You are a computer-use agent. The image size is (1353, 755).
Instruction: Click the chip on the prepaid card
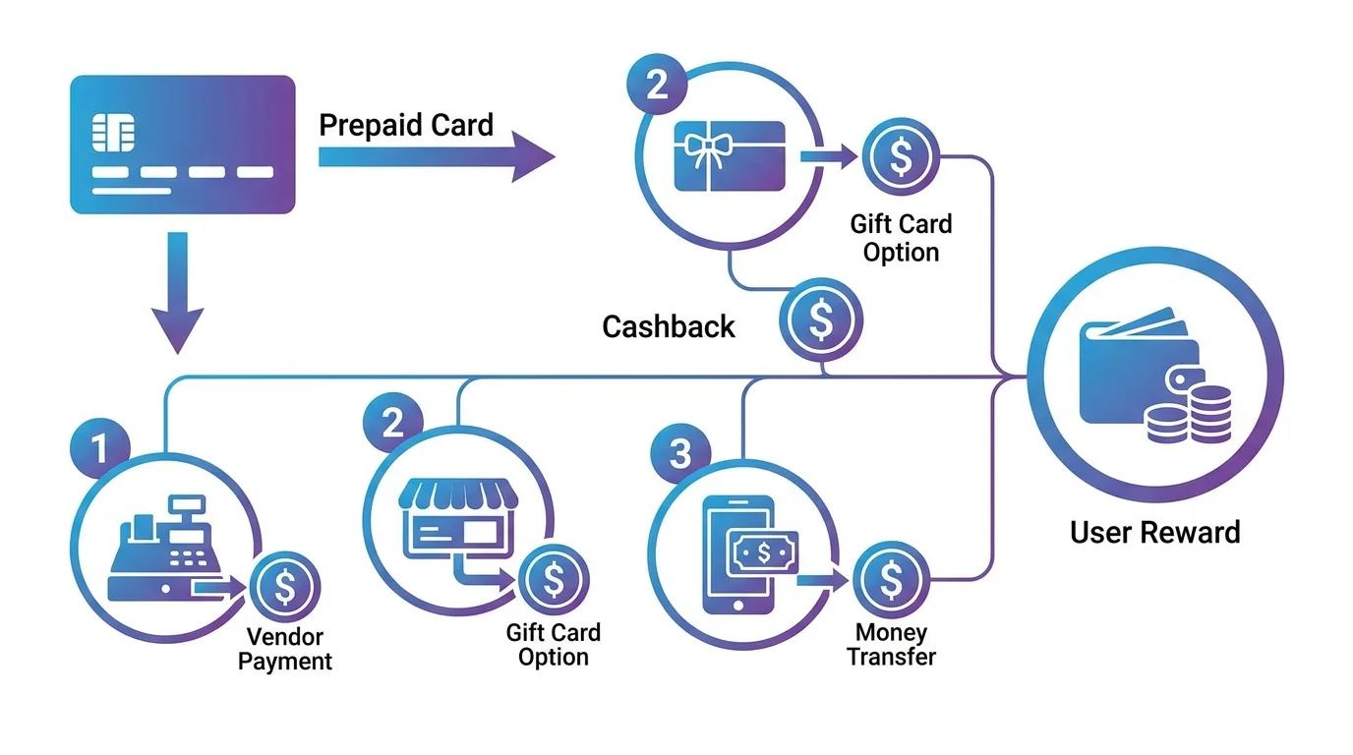click(x=113, y=133)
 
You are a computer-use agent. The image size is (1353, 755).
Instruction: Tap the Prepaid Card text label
click(x=406, y=125)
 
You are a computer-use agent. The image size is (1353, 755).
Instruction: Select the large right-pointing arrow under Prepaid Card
click(x=437, y=156)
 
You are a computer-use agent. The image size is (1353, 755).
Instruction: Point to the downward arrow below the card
click(x=178, y=293)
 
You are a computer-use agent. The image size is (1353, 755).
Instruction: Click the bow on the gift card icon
click(x=707, y=148)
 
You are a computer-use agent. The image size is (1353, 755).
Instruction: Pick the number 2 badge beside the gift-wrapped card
click(x=657, y=84)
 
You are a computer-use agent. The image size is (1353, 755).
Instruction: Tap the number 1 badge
click(x=99, y=448)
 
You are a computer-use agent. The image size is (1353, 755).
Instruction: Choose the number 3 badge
click(x=680, y=453)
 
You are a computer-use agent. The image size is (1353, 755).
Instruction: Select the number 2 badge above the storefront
click(x=393, y=423)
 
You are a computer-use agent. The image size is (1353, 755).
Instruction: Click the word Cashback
click(x=669, y=326)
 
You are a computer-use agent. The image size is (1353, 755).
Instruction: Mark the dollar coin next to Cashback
click(x=821, y=319)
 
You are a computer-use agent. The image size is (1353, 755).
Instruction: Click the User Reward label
click(x=1155, y=532)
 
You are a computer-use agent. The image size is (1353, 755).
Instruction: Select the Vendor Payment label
click(x=284, y=649)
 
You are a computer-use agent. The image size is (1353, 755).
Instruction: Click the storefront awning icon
click(x=458, y=494)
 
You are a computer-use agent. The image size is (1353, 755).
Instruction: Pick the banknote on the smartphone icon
click(x=763, y=552)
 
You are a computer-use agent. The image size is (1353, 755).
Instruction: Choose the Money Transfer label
click(x=891, y=645)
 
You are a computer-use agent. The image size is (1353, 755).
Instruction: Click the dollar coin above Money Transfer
click(x=891, y=579)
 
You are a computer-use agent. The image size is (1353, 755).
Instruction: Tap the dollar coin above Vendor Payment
click(x=285, y=587)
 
